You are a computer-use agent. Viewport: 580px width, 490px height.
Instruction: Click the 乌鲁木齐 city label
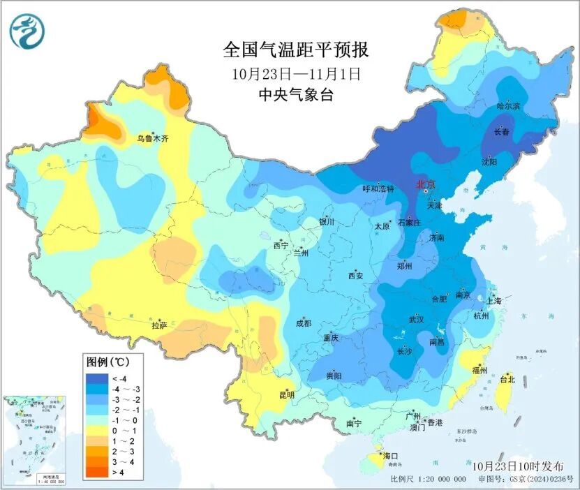(x=152, y=139)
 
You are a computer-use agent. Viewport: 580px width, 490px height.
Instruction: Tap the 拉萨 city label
(x=159, y=325)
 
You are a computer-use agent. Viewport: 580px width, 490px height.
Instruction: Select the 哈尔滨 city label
(x=508, y=106)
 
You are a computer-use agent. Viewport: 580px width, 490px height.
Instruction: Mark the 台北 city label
(x=507, y=380)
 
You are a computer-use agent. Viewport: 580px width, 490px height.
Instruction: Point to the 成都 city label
(x=303, y=323)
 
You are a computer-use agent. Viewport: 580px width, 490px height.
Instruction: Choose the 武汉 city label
(x=416, y=320)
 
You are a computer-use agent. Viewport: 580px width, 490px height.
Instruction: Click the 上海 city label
(x=494, y=302)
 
